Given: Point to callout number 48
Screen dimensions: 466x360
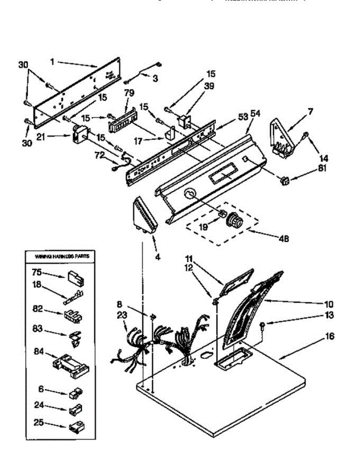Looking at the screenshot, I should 283,239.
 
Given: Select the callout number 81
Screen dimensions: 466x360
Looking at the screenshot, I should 322,169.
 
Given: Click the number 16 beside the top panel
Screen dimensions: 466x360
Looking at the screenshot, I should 329,336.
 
